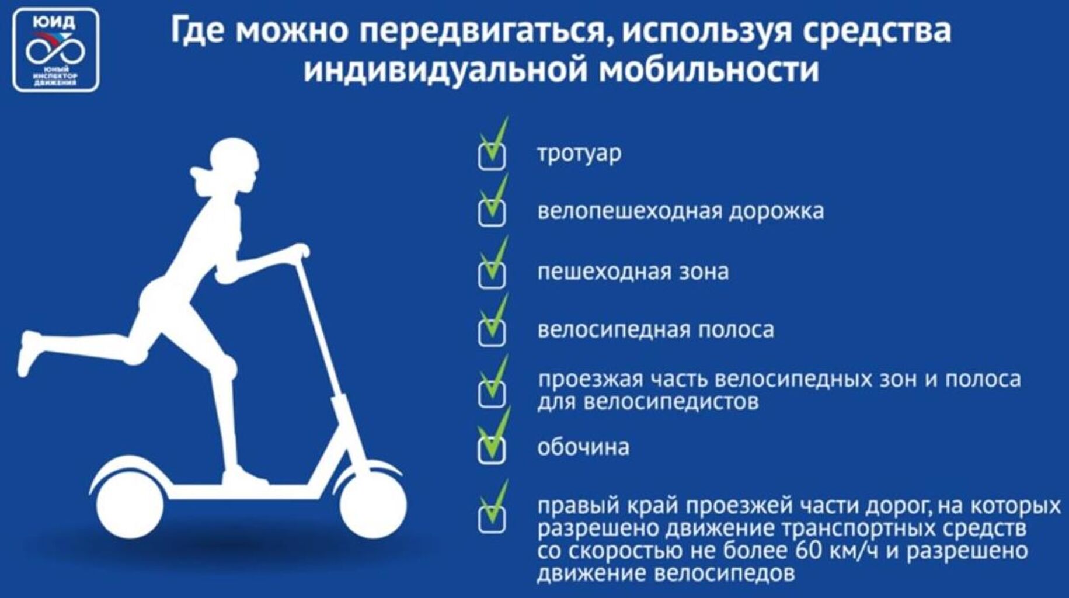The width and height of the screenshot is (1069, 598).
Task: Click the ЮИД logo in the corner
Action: pos(56,50)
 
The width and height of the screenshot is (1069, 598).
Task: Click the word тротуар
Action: pos(579,154)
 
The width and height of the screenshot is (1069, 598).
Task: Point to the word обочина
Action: pos(583,447)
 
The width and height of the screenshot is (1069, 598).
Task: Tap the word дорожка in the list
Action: pos(776,211)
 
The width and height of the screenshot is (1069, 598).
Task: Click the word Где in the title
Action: pos(199,30)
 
